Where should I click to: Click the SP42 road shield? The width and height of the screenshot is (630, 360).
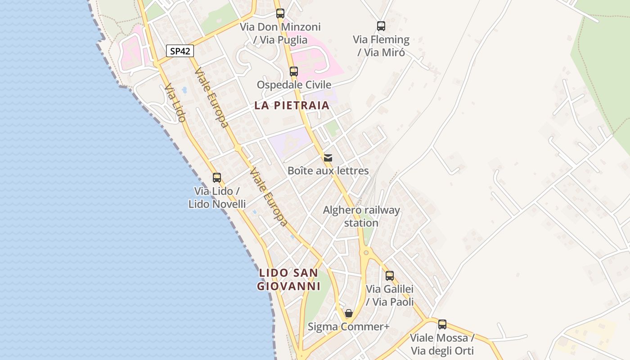(x=180, y=51)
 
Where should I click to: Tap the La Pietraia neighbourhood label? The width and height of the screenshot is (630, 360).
(x=292, y=106)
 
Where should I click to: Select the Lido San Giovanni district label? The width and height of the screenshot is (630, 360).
(x=288, y=279)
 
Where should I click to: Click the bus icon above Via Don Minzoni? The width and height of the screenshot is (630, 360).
(x=280, y=13)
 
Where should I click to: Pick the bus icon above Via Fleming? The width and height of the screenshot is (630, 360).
(x=381, y=26)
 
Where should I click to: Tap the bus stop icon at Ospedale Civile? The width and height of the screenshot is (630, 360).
(x=294, y=72)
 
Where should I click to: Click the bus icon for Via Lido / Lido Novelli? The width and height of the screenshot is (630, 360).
(x=217, y=178)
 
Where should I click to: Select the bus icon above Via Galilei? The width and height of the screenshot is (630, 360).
(x=390, y=276)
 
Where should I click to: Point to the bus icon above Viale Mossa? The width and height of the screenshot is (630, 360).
(x=442, y=324)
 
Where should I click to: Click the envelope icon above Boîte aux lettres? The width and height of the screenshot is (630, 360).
(x=328, y=158)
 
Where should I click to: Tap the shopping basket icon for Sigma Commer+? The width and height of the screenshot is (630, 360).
(x=349, y=313)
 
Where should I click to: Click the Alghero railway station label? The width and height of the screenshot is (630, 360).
(x=361, y=216)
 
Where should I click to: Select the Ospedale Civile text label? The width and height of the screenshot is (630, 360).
(x=294, y=85)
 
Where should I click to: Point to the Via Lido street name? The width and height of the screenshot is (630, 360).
(x=175, y=103)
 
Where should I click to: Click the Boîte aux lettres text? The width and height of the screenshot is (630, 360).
(x=328, y=171)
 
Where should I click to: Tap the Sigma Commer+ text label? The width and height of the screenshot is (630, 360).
(x=348, y=327)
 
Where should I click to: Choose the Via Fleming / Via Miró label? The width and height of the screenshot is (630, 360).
(x=381, y=46)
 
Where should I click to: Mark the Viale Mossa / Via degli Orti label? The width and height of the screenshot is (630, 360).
(x=442, y=344)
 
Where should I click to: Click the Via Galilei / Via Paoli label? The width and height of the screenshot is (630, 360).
(x=390, y=295)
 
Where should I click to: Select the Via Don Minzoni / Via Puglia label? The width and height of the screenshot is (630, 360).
(x=280, y=33)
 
